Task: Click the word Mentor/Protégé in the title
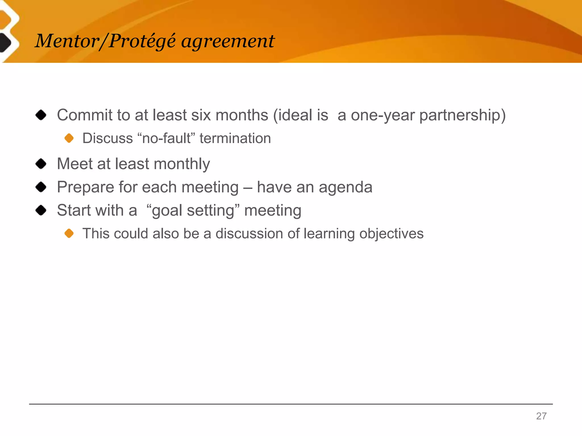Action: (x=105, y=41)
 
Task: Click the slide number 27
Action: (x=541, y=416)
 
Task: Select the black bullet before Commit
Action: (x=41, y=115)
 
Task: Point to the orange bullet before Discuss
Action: (x=69, y=138)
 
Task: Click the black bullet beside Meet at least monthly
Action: (x=41, y=164)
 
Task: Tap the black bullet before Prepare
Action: (x=41, y=187)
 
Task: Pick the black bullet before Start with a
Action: (x=41, y=210)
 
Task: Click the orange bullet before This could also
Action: (x=69, y=234)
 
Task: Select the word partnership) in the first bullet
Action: (x=462, y=116)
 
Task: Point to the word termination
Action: (x=235, y=139)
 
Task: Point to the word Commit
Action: (x=85, y=115)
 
